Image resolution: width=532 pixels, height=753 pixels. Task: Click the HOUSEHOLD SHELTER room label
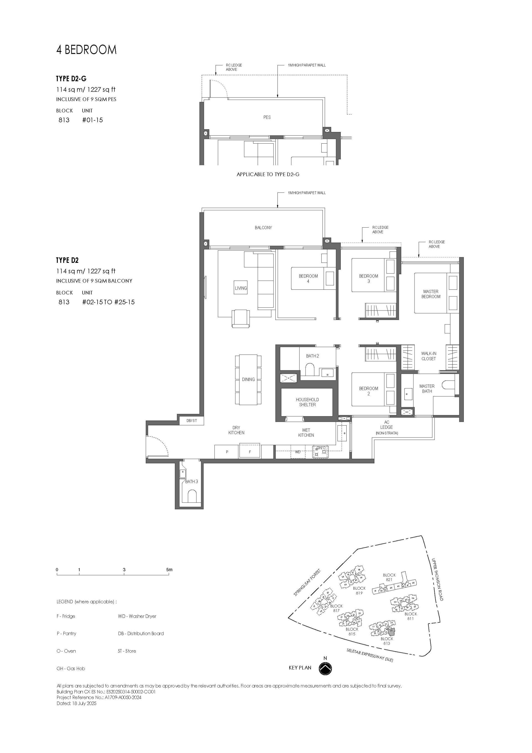point(307,402)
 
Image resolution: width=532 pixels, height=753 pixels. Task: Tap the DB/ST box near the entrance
point(191,421)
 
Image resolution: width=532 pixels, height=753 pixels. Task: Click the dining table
point(248,380)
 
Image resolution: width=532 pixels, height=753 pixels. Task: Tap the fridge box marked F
point(250,452)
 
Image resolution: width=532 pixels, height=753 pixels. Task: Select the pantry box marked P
point(227,452)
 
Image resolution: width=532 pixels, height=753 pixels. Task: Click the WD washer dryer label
point(298,452)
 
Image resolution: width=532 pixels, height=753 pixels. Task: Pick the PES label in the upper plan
point(267,117)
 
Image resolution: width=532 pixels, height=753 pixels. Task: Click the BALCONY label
point(263,228)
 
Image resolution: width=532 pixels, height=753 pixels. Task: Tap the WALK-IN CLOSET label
point(428,356)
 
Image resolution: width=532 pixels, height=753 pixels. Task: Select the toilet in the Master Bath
point(448,384)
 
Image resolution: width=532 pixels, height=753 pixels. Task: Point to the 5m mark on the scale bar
point(169,570)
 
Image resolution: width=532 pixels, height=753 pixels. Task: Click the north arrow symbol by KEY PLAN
point(325,668)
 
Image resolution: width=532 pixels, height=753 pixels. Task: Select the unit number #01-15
point(93,120)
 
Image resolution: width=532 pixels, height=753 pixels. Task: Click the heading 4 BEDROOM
point(86,50)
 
